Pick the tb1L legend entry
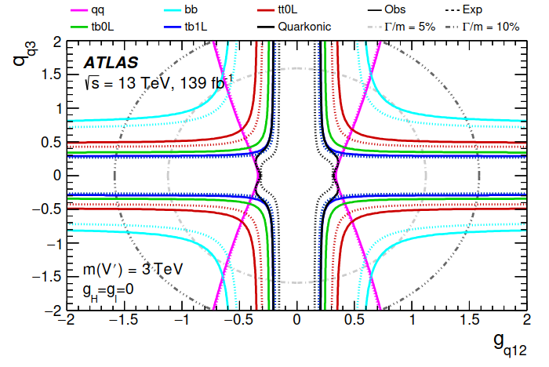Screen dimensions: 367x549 [183, 26]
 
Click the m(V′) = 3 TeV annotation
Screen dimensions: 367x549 [134, 269]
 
